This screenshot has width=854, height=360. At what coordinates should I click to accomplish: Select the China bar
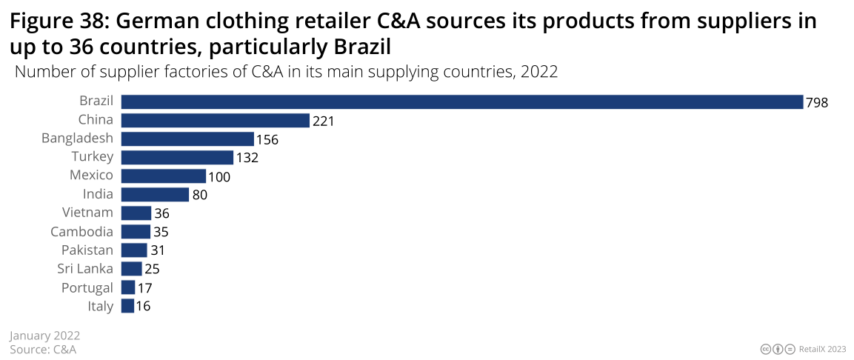215,120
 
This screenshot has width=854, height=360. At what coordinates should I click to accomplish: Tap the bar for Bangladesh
187,139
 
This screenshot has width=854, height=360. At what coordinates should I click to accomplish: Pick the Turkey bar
177,157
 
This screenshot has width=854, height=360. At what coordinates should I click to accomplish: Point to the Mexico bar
163,176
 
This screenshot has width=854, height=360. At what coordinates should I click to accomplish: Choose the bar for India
155,195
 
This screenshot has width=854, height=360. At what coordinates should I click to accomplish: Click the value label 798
817,102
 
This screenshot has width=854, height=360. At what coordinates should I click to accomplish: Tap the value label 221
324,121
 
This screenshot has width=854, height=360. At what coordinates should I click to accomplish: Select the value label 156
267,139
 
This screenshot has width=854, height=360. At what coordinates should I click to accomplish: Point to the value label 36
161,213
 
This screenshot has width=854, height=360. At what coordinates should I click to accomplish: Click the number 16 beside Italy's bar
144,306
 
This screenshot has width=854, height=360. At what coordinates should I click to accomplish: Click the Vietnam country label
88,213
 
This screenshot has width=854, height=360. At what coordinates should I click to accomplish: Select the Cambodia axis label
87,231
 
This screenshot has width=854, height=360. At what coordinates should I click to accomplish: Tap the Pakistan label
87,250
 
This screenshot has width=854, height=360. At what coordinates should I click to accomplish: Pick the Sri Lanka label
85,268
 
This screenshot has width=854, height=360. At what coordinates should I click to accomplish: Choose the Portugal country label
87,287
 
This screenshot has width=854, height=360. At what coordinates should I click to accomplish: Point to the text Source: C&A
43,349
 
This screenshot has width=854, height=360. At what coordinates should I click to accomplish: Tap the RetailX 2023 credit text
822,349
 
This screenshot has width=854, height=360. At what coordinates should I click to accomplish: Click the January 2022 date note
44,336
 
